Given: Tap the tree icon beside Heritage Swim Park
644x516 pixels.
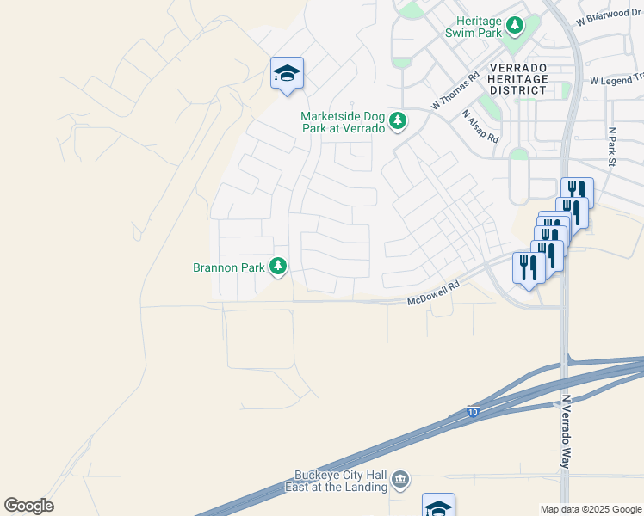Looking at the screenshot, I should pos(515,26).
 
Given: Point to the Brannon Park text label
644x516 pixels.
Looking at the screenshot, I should pos(228,267).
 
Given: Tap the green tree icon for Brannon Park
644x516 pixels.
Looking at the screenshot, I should pos(278,267).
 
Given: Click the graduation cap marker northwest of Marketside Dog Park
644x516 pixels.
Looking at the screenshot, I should pos(287,75).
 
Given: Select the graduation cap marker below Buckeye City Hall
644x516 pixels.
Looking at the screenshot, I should pos(438,507).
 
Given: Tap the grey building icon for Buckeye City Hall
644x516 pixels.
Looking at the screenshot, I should pos(399,479).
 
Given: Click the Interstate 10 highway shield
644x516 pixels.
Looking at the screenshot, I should pos(473,413).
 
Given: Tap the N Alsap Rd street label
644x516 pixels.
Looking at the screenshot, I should pos(480,126).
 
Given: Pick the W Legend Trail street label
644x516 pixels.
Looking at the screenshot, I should pos(616,80).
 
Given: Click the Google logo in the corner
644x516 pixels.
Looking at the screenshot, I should pos(28,506).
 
